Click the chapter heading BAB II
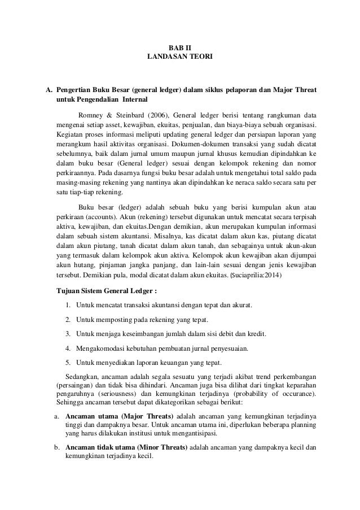click(180, 49)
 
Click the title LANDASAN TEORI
click(180, 57)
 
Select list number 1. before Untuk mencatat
click(67, 306)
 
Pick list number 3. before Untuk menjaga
click(67, 333)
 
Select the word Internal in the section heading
click(131, 99)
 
